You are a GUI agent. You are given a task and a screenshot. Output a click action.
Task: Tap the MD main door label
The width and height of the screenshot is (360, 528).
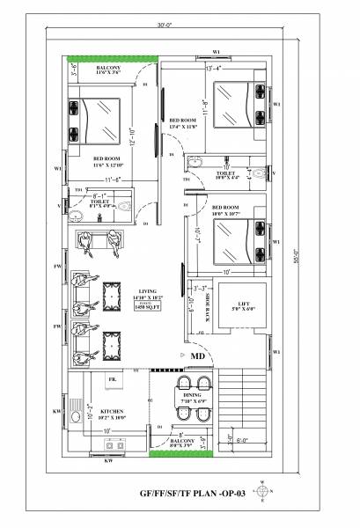click(x=199, y=356)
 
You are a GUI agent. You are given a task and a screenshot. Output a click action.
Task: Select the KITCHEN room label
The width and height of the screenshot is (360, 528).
click(x=113, y=411)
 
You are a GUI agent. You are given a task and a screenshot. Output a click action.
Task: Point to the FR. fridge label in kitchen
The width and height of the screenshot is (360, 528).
click(x=113, y=379)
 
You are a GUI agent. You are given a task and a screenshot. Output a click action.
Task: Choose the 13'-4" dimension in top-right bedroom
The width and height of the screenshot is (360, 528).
click(x=213, y=68)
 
